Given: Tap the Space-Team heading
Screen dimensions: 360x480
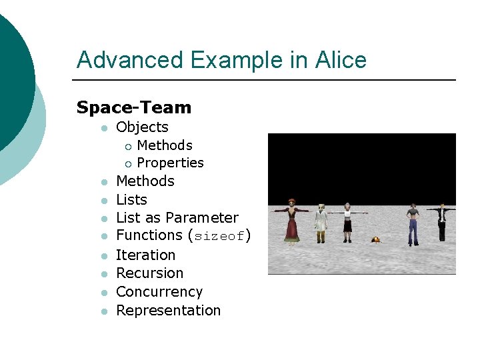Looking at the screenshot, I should pyautogui.click(x=133, y=107).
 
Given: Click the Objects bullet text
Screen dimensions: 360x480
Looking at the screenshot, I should pyautogui.click(x=142, y=127).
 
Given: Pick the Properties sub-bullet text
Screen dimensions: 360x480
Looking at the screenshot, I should pyautogui.click(x=170, y=163).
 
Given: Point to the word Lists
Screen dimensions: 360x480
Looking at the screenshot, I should pyautogui.click(x=131, y=199).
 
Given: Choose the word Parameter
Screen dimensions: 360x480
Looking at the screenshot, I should pyautogui.click(x=202, y=217).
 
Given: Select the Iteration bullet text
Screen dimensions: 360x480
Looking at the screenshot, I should pyautogui.click(x=145, y=255).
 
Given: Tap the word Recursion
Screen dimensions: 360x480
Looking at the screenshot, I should pyautogui.click(x=149, y=273).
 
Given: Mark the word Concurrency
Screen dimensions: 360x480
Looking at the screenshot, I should pyautogui.click(x=159, y=291).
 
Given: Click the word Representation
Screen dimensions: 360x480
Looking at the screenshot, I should pyautogui.click(x=168, y=310).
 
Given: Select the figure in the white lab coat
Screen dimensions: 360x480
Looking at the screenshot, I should pyautogui.click(x=322, y=223).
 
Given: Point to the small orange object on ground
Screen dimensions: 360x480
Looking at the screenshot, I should pyautogui.click(x=377, y=239).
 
